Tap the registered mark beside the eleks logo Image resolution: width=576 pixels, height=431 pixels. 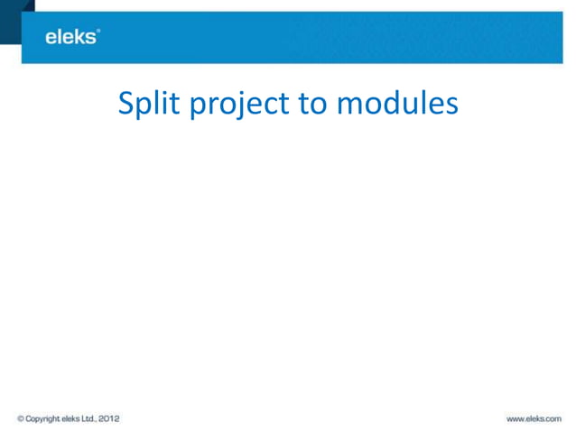coord(98,32)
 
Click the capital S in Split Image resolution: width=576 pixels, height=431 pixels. coord(127,105)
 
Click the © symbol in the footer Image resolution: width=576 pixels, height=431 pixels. coord(20,418)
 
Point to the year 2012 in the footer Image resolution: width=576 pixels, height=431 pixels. coord(110,418)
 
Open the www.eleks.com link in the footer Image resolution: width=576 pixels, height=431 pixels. coord(534,418)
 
